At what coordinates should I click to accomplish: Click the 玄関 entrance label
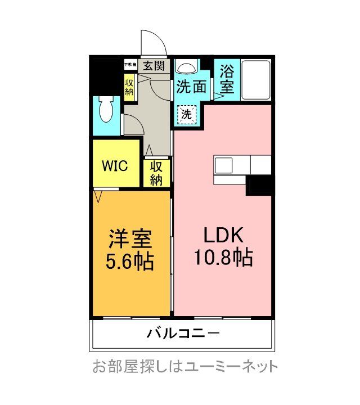coord(153,65)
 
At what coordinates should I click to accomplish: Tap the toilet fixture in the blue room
coord(105,110)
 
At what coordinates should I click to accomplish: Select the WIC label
coord(115,166)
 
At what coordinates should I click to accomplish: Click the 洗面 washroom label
coord(191,87)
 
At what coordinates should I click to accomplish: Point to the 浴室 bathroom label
coord(227,79)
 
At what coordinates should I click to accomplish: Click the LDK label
coord(223,235)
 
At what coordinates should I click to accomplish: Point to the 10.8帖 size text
coord(223,258)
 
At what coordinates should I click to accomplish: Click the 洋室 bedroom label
coord(130,239)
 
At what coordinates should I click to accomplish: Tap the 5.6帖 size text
coord(130,262)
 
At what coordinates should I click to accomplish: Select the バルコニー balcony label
coord(183,334)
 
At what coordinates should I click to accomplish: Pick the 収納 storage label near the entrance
coord(129,85)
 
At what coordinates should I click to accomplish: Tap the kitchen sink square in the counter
coord(223,165)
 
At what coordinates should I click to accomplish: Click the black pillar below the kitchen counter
coord(259,185)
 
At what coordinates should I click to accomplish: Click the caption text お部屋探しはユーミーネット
coord(185,367)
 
